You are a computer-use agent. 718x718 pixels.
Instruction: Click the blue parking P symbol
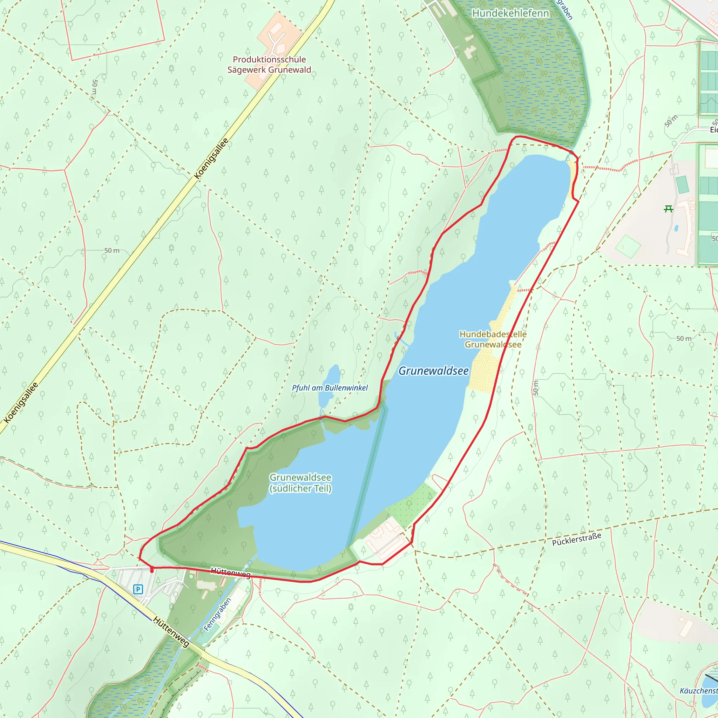click(x=138, y=589)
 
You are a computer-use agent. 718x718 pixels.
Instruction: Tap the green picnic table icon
click(x=668, y=209)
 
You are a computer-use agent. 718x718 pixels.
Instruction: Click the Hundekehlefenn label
click(x=510, y=13)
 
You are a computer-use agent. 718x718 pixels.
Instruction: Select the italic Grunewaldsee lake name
click(x=433, y=371)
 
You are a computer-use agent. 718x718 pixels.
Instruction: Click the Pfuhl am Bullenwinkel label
click(x=330, y=388)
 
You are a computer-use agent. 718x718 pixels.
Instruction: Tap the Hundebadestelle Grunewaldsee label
click(x=493, y=339)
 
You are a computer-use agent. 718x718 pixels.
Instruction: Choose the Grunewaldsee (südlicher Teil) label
click(x=300, y=483)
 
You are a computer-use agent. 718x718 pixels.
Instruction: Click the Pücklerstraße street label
click(x=576, y=539)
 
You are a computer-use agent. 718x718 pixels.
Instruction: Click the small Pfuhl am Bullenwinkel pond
click(x=329, y=386)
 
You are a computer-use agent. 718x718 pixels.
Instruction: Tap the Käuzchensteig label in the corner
click(x=699, y=691)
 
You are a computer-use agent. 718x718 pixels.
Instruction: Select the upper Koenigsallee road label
click(x=211, y=159)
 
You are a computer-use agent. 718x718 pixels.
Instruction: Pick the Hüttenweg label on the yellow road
click(x=171, y=631)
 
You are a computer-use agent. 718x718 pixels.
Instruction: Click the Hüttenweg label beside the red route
click(x=230, y=573)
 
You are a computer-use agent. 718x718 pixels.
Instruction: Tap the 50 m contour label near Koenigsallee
click(x=111, y=250)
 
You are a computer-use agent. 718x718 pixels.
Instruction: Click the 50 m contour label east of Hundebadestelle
click(x=684, y=339)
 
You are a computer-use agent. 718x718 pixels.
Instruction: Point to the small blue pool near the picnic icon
click(x=676, y=228)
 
